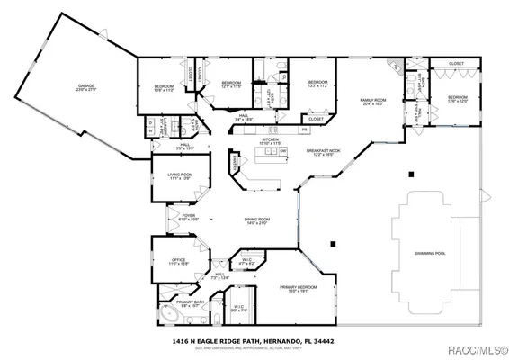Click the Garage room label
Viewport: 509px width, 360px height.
click(85, 88)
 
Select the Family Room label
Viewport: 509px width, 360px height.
click(372, 101)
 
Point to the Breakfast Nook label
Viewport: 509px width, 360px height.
click(321, 153)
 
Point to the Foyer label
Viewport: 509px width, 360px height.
click(189, 217)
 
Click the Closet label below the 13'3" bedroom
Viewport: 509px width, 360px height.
click(316, 119)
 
